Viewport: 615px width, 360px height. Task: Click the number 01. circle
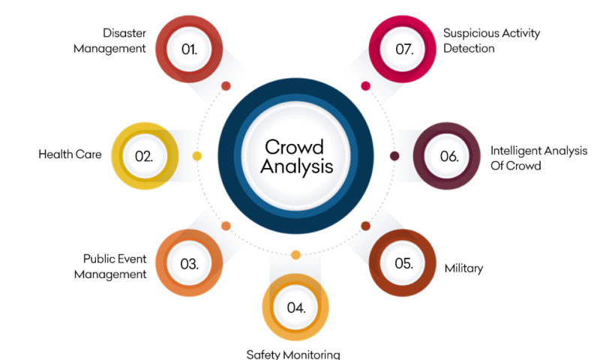coord(190,49)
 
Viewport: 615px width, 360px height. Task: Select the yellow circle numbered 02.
coord(145,156)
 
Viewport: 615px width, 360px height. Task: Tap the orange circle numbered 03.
coord(190,263)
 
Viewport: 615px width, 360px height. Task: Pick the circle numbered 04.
coord(296,307)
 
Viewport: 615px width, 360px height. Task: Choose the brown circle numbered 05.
coord(403,263)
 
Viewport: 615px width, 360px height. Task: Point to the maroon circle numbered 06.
coord(448,156)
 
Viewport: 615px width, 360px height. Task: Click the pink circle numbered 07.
coord(405,49)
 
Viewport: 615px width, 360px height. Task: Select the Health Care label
coord(70,155)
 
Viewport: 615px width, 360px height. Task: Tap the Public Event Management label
coord(115,266)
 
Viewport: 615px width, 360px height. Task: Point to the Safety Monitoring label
coord(293,354)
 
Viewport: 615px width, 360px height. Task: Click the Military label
coord(463,268)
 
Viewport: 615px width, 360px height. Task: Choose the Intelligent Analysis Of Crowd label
coord(538,158)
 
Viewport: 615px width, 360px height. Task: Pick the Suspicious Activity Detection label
coord(490,40)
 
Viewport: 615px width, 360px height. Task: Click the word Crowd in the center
coord(296,146)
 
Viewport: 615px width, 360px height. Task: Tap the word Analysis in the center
coord(296,166)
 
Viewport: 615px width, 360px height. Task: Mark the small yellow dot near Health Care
coord(197,156)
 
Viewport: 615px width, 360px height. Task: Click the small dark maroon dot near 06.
coord(394,156)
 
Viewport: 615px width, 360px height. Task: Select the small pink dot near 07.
coord(366,85)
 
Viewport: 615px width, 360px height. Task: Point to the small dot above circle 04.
coord(296,255)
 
